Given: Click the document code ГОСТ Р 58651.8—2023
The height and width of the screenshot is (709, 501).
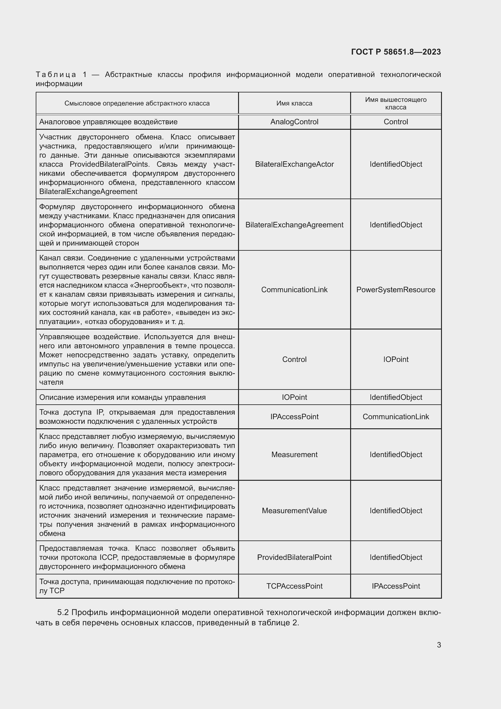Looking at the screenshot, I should [x=396, y=52].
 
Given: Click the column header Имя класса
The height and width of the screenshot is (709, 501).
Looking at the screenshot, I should [x=294, y=103].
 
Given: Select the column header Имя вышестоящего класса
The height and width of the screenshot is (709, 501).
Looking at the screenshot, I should [x=396, y=103].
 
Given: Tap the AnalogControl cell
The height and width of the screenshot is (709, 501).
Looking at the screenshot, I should [x=294, y=122].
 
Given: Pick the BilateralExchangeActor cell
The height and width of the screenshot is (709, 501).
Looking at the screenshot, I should [x=294, y=164].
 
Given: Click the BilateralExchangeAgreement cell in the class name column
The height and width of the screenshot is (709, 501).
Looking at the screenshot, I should [x=294, y=225].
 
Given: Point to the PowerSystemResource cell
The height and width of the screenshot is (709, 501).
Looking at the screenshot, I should [x=396, y=290].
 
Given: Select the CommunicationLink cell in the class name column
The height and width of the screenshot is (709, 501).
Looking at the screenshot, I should [x=294, y=290].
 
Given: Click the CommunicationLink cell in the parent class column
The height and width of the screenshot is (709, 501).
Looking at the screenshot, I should [x=396, y=416].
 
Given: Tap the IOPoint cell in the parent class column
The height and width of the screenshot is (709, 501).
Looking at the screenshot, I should [x=396, y=360].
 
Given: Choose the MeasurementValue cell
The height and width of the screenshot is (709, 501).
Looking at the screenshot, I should [x=294, y=510].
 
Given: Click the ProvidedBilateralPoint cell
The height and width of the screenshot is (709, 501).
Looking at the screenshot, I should [x=294, y=557].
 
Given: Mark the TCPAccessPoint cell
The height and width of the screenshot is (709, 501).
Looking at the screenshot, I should [x=294, y=586].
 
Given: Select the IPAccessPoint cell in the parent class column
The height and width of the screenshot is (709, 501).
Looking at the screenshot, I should [x=396, y=586].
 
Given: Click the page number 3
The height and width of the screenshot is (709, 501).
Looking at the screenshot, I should [x=439, y=645].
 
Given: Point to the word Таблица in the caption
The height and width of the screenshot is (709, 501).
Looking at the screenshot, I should [x=56, y=75].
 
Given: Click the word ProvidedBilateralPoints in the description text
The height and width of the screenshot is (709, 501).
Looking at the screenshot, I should [x=109, y=164].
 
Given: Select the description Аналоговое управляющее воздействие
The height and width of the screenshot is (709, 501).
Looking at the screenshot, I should [x=108, y=122].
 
